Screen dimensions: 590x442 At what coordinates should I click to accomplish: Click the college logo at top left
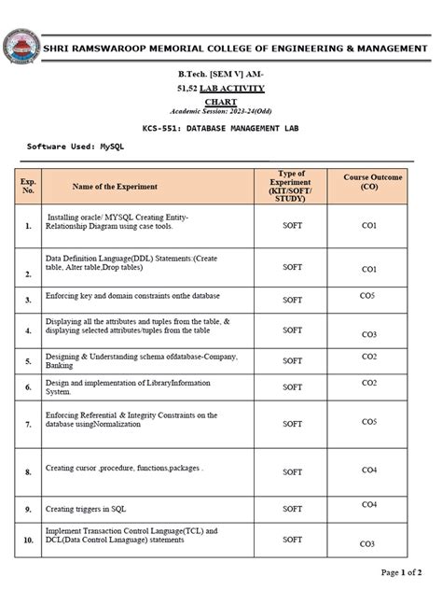pyautogui.click(x=21, y=48)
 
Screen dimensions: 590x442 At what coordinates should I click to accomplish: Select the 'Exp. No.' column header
pyautogui.click(x=28, y=187)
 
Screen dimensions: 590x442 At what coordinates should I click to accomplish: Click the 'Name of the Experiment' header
pyautogui.click(x=115, y=187)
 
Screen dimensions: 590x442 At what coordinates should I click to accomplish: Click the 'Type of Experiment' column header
pyautogui.click(x=292, y=187)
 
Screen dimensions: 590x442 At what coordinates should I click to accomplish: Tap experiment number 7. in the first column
pyautogui.click(x=28, y=424)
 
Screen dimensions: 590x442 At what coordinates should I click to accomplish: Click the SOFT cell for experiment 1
pyautogui.click(x=292, y=225)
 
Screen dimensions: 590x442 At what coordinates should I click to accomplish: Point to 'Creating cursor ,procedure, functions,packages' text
pyautogui.click(x=124, y=468)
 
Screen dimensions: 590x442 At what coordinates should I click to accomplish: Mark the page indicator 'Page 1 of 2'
pyautogui.click(x=401, y=571)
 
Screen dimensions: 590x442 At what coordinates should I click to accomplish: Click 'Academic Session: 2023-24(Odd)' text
pyautogui.click(x=221, y=110)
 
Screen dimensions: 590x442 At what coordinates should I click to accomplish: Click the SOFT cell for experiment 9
pyautogui.click(x=292, y=509)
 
